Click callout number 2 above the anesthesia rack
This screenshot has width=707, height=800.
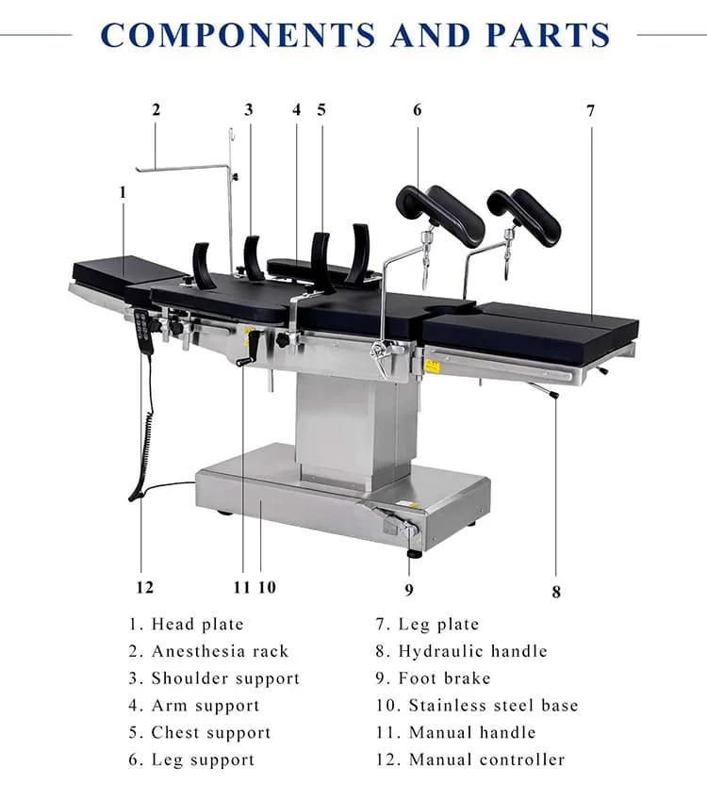[x=156, y=109]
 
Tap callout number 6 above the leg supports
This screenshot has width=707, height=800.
[x=418, y=109]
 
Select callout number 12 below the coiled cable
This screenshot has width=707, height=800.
[x=143, y=587]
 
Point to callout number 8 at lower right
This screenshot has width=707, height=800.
[x=556, y=592]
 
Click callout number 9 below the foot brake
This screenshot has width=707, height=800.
[x=409, y=591]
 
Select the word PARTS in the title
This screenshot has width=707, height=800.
[x=549, y=36]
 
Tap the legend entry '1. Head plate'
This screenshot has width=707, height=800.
[x=187, y=624]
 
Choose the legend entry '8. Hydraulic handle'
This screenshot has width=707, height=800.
[x=461, y=651]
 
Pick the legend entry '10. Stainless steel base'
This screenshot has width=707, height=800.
[x=476, y=705]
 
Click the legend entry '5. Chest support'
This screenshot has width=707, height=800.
[x=200, y=732]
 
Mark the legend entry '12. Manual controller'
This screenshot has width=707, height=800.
[x=469, y=759]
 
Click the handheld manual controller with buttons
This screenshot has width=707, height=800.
[x=141, y=331]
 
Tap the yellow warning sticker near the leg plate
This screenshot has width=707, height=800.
[x=432, y=365]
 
